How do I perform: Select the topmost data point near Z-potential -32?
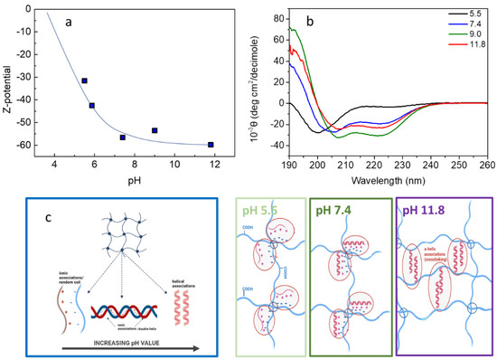84,81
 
